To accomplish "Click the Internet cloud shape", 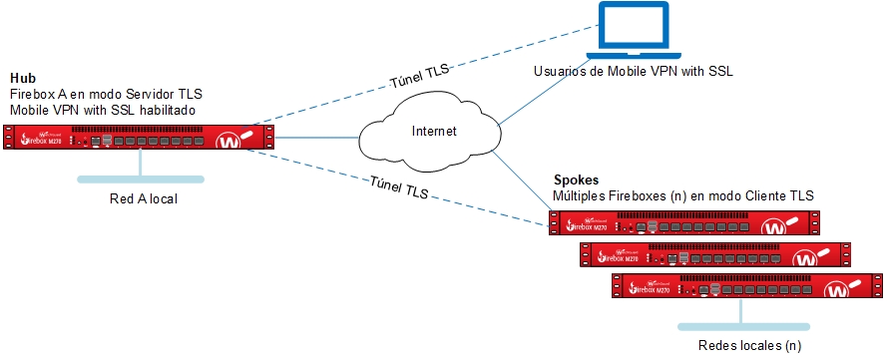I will [432, 133].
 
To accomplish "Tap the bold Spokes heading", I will [576, 181].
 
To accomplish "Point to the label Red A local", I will [143, 199].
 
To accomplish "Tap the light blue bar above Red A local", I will [142, 180].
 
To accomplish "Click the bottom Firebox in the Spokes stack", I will [747, 286].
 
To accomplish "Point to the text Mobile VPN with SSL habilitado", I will [103, 108].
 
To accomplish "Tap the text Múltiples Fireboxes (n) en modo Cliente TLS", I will [684, 196].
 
